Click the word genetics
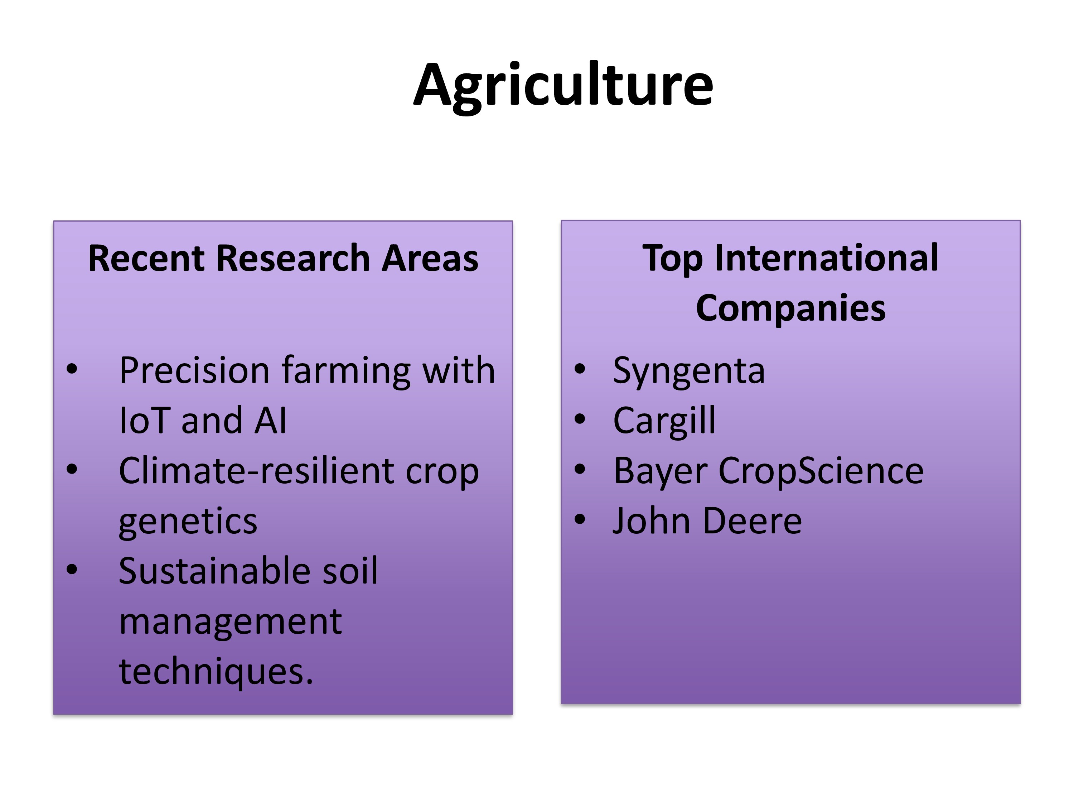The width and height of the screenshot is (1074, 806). [188, 522]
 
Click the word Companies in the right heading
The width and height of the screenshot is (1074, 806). [791, 309]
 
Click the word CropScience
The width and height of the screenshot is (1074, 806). [821, 472]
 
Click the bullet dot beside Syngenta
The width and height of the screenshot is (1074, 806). [580, 369]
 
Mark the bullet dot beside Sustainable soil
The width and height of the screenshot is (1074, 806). [72, 570]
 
